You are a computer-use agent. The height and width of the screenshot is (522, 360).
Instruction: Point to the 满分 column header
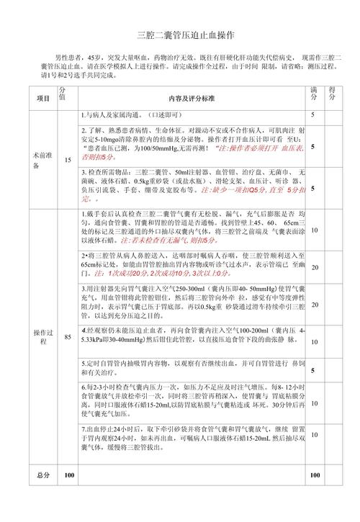(314, 94)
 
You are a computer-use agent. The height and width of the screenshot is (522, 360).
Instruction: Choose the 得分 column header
(332, 94)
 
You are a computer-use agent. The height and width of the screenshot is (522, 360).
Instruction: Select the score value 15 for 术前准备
(68, 159)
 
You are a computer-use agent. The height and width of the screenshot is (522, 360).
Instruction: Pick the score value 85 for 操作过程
(68, 336)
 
